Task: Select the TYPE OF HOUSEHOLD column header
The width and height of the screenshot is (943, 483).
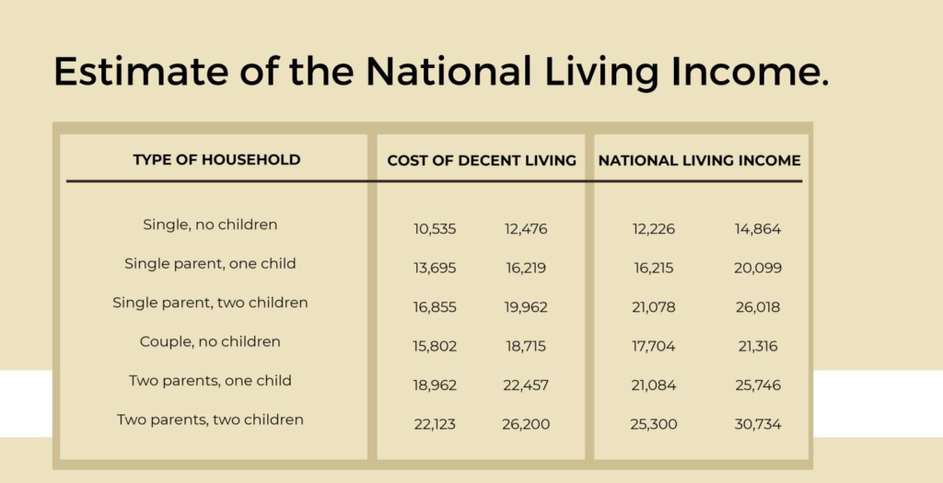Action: tap(216, 159)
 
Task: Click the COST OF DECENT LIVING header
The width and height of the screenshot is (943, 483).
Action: tap(482, 160)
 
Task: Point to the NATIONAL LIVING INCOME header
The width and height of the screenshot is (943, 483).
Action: tap(699, 160)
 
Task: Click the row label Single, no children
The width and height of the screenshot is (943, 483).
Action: tap(210, 224)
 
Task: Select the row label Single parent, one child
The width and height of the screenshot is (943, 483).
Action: tap(210, 263)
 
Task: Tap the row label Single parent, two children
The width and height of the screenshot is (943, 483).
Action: tap(210, 302)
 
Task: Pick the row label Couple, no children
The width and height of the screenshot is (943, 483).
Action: tap(210, 341)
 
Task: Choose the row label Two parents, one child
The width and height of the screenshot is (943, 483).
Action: tap(210, 380)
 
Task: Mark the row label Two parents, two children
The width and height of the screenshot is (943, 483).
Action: tap(210, 420)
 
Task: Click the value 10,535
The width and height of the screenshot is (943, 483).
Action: tap(435, 229)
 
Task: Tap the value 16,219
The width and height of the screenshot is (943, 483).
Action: tap(525, 269)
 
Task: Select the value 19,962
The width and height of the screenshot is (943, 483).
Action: tap(525, 307)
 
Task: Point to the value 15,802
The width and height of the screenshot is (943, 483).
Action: tap(435, 347)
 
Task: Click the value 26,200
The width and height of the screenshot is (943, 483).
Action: tap(525, 425)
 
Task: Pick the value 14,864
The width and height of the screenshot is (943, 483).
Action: tap(757, 229)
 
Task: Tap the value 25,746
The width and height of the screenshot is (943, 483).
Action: tap(757, 385)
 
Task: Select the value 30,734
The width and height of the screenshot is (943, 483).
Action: tap(757, 425)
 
